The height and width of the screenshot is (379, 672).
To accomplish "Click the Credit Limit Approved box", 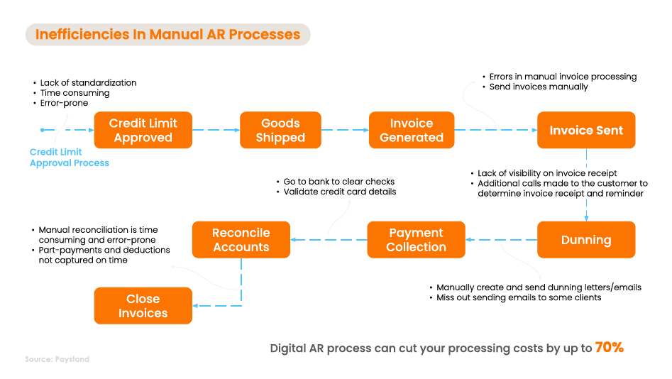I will tap(143, 130).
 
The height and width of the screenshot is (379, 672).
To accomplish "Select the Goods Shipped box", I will tap(280, 130).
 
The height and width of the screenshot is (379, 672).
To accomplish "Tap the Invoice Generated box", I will tap(412, 130).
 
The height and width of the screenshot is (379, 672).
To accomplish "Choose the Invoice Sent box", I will tap(586, 130).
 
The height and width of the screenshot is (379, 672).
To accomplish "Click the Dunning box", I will tap(586, 240).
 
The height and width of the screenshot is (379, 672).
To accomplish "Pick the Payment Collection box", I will tap(416, 240).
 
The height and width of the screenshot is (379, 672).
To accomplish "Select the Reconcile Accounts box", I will tap(241, 240).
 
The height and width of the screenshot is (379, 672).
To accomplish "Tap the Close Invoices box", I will tap(143, 306).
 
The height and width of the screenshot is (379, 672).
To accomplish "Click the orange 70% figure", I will tap(609, 348).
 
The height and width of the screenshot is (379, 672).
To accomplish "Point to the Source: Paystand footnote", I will tap(57, 359).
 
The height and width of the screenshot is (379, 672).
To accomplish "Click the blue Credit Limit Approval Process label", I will tap(70, 158).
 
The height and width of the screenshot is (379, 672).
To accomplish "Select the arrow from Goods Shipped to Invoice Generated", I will tap(344, 130).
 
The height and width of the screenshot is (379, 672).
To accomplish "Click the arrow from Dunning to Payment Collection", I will tap(501, 240).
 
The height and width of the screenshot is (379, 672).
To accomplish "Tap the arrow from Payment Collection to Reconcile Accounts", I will tap(329, 240).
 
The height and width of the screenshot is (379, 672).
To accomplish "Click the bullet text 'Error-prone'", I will tap(65, 104).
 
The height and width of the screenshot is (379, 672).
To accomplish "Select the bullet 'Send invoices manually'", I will tap(539, 87).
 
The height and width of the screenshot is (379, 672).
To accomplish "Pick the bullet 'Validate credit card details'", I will tap(340, 192).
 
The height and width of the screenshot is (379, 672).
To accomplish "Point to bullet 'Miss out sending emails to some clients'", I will tap(519, 297).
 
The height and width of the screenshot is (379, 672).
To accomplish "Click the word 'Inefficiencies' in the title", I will tap(84, 34).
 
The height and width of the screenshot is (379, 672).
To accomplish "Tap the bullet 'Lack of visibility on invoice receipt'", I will tap(547, 173).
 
